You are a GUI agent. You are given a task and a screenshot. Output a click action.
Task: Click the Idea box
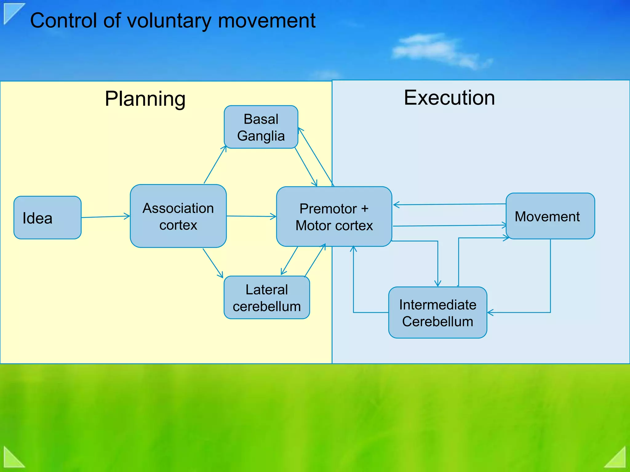point(47,218)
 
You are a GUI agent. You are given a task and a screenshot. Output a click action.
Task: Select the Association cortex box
point(178,216)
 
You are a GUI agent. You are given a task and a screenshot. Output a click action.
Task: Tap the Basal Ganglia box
point(261,127)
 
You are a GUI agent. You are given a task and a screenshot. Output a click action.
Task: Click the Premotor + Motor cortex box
point(334,217)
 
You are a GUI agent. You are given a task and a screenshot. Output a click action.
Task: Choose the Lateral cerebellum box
point(267,297)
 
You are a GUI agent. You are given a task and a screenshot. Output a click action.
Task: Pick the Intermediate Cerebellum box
point(437,313)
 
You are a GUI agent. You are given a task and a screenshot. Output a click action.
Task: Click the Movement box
point(550,216)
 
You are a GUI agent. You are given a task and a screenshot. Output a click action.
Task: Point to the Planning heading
point(145,99)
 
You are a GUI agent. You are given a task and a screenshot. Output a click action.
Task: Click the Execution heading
point(449,98)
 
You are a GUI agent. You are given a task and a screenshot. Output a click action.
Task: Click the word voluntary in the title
point(169,21)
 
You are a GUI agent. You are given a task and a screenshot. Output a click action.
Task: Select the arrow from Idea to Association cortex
point(106,217)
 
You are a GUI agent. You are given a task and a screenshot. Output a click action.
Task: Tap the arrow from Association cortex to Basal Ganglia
point(215,165)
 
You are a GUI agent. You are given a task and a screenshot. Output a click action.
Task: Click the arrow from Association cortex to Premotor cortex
point(251,216)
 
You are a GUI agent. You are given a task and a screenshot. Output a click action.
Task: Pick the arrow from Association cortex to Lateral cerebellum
point(213,263)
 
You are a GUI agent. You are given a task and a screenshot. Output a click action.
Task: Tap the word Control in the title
point(64,21)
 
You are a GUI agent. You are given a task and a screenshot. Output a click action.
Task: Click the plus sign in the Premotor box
point(365,209)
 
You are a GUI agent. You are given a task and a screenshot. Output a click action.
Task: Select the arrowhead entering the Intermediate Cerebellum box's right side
point(490,313)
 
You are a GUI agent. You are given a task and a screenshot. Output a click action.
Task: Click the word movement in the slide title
point(267,21)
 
